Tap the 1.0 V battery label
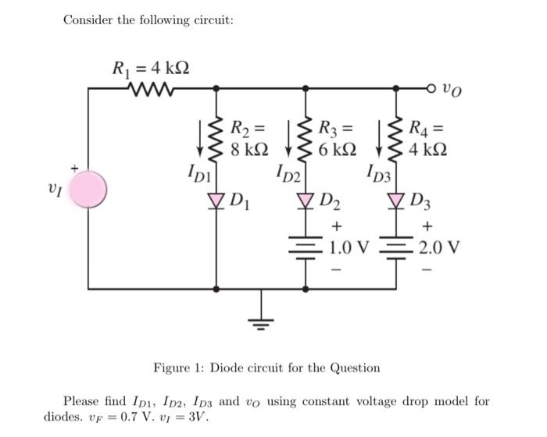tap(347, 249)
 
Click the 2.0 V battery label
tap(438, 249)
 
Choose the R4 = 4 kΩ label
tap(434, 137)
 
